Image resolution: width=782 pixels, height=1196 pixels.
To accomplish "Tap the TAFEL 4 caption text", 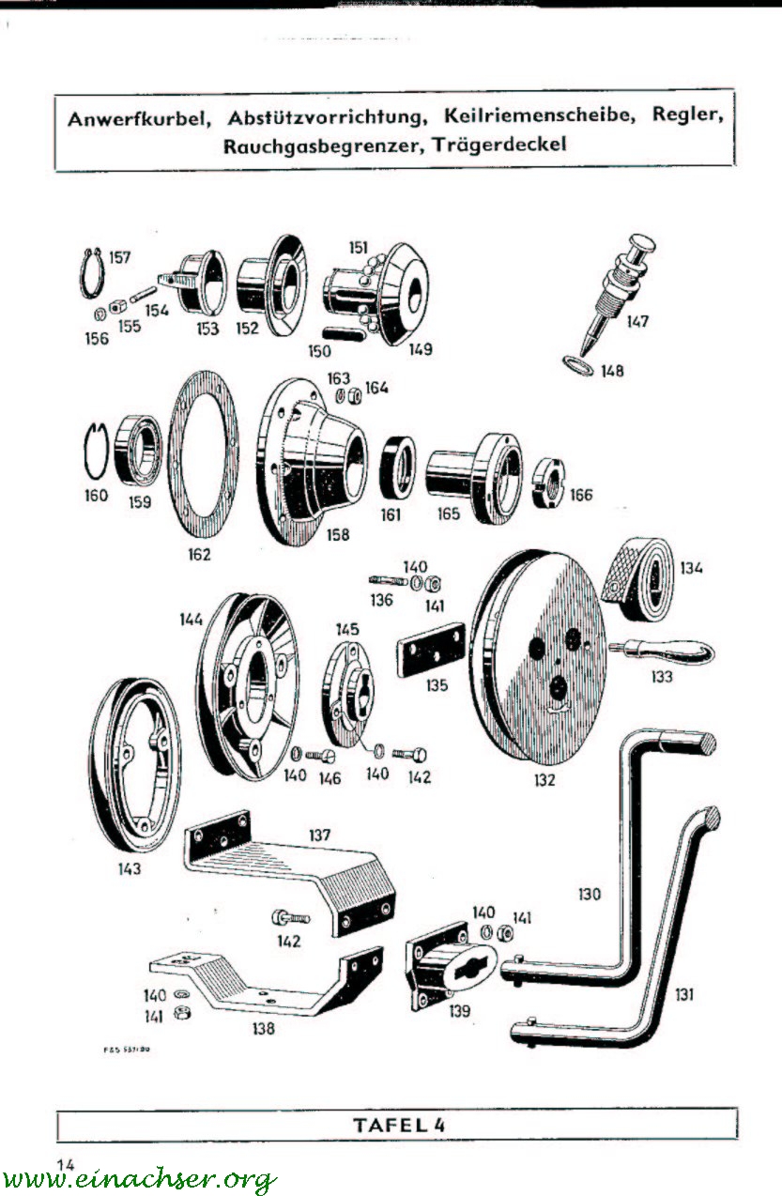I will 397,1124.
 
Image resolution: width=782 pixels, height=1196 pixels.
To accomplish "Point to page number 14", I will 66,1164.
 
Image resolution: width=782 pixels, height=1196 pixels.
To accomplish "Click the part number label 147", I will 637,321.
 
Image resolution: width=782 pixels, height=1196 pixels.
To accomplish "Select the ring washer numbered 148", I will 575,364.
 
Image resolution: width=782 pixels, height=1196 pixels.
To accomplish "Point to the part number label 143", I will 130,868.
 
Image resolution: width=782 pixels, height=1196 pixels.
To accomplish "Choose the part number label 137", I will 321,833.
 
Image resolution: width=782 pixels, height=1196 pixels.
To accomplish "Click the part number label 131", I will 684,993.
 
